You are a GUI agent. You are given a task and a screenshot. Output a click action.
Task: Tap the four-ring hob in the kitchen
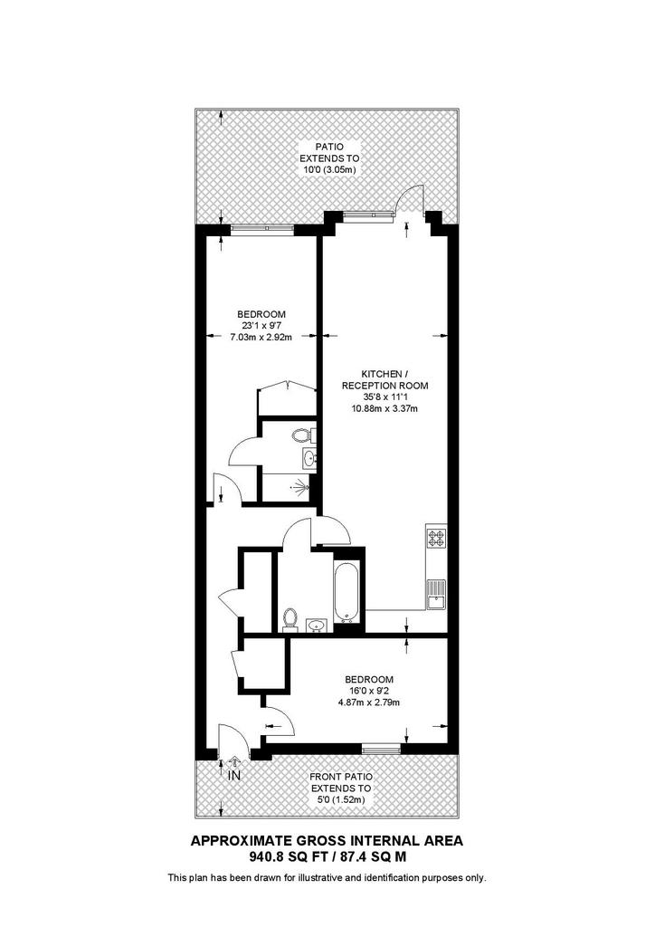[436, 538]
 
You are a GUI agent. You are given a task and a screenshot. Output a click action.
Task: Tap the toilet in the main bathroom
[290, 617]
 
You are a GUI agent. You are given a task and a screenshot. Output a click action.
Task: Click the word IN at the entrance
[234, 775]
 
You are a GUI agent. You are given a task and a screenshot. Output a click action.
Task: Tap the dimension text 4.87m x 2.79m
[368, 702]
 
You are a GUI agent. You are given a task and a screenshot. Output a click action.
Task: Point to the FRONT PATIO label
[340, 777]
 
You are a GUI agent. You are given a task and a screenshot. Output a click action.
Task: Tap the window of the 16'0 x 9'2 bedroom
[381, 749]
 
